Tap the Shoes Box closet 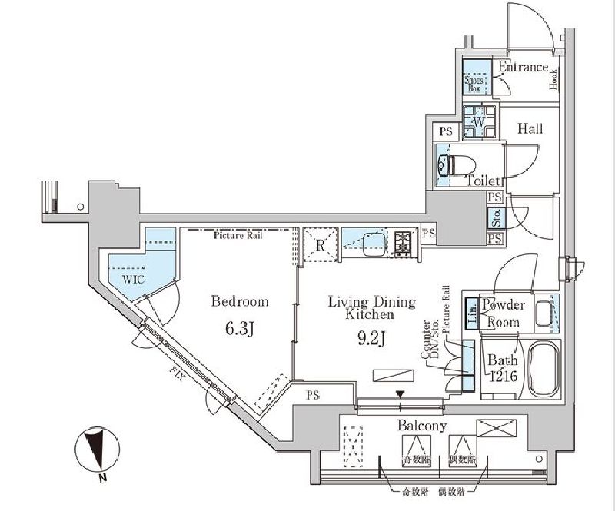click(474, 79)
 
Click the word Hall click(529, 128)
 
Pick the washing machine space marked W click(477, 122)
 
